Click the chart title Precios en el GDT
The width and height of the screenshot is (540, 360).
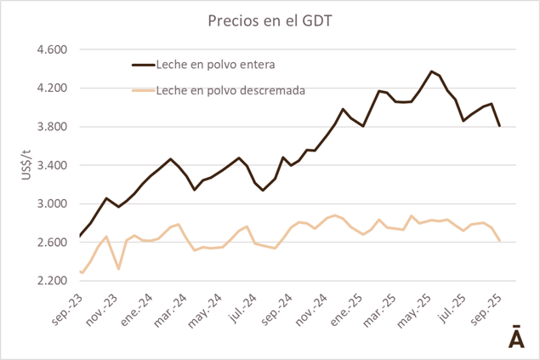[270, 20]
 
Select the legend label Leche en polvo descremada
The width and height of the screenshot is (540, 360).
[230, 89]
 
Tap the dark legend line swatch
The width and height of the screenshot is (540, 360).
[142, 64]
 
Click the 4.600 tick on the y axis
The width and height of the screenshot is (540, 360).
[51, 49]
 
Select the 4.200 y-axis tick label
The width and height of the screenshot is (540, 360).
[51, 89]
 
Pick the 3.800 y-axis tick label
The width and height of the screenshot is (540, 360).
[51, 127]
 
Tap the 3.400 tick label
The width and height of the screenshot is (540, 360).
[51, 165]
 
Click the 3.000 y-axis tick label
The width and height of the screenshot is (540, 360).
[51, 204]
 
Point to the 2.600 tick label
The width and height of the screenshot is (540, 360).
[51, 243]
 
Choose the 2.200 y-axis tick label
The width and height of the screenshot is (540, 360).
[51, 281]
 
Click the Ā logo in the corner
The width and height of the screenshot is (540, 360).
[515, 336]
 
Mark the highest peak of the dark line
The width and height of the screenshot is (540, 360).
[432, 71]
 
